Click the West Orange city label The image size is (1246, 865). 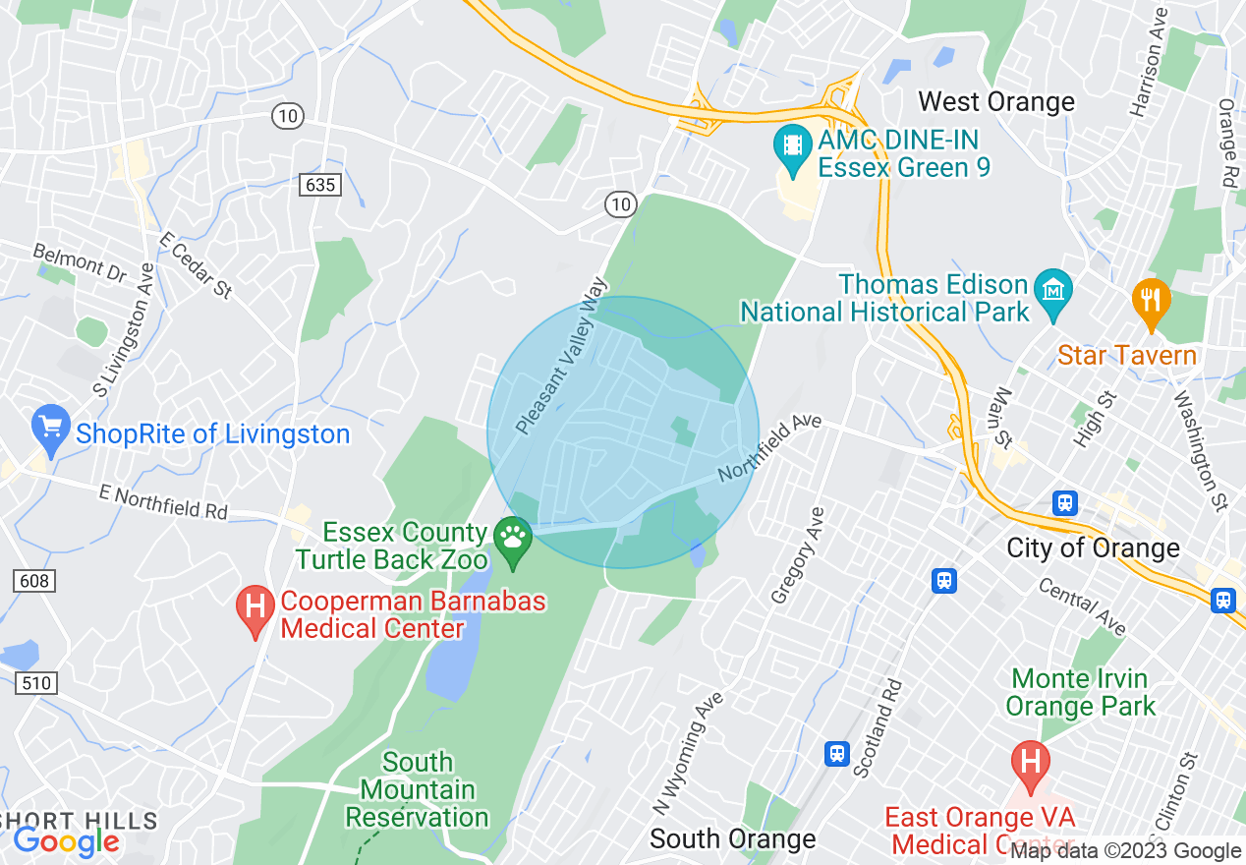[x=996, y=102]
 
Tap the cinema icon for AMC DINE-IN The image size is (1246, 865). [x=791, y=146]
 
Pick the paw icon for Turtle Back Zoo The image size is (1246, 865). [x=512, y=539]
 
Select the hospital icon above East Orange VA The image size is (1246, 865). [x=1030, y=762]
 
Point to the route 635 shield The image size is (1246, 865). [x=320, y=184]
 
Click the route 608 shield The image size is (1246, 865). [x=33, y=581]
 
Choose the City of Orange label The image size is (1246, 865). [x=1093, y=548]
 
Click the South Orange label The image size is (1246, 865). [x=733, y=838]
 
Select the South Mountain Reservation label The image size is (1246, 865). [x=418, y=789]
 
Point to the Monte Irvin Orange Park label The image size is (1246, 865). [x=1080, y=692]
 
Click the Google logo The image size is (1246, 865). [x=66, y=840]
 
